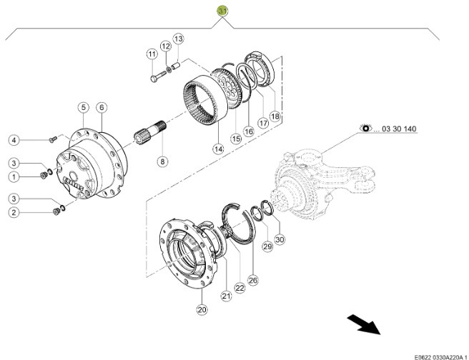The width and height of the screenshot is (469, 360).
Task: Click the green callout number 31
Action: click(223, 11)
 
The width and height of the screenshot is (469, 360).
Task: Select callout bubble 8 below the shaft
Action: click(162, 161)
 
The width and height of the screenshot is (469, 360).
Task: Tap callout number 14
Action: click(217, 149)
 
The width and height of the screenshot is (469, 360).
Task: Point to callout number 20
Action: click(202, 309)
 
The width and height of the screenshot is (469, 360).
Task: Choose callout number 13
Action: click(179, 38)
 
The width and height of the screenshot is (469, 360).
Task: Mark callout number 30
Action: click(279, 239)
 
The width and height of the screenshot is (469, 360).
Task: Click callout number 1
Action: click(14, 176)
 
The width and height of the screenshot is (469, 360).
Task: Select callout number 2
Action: click(14, 212)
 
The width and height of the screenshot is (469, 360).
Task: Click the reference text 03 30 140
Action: click(399, 129)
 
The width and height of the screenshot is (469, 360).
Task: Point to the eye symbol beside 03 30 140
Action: click(367, 129)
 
